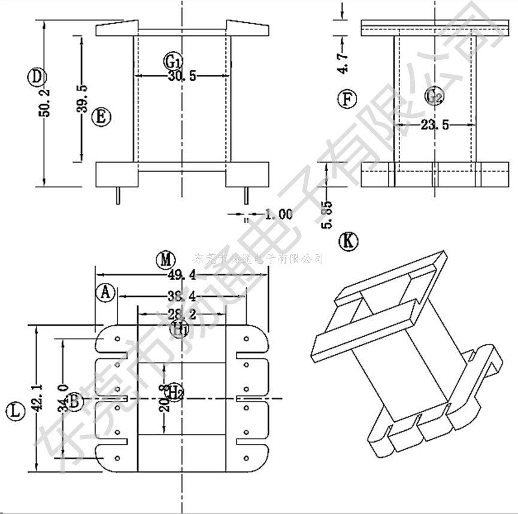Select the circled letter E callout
101,117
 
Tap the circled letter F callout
347,99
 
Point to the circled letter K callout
348,241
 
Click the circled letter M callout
165,260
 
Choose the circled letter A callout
105,292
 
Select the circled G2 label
434,95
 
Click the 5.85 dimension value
326,214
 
